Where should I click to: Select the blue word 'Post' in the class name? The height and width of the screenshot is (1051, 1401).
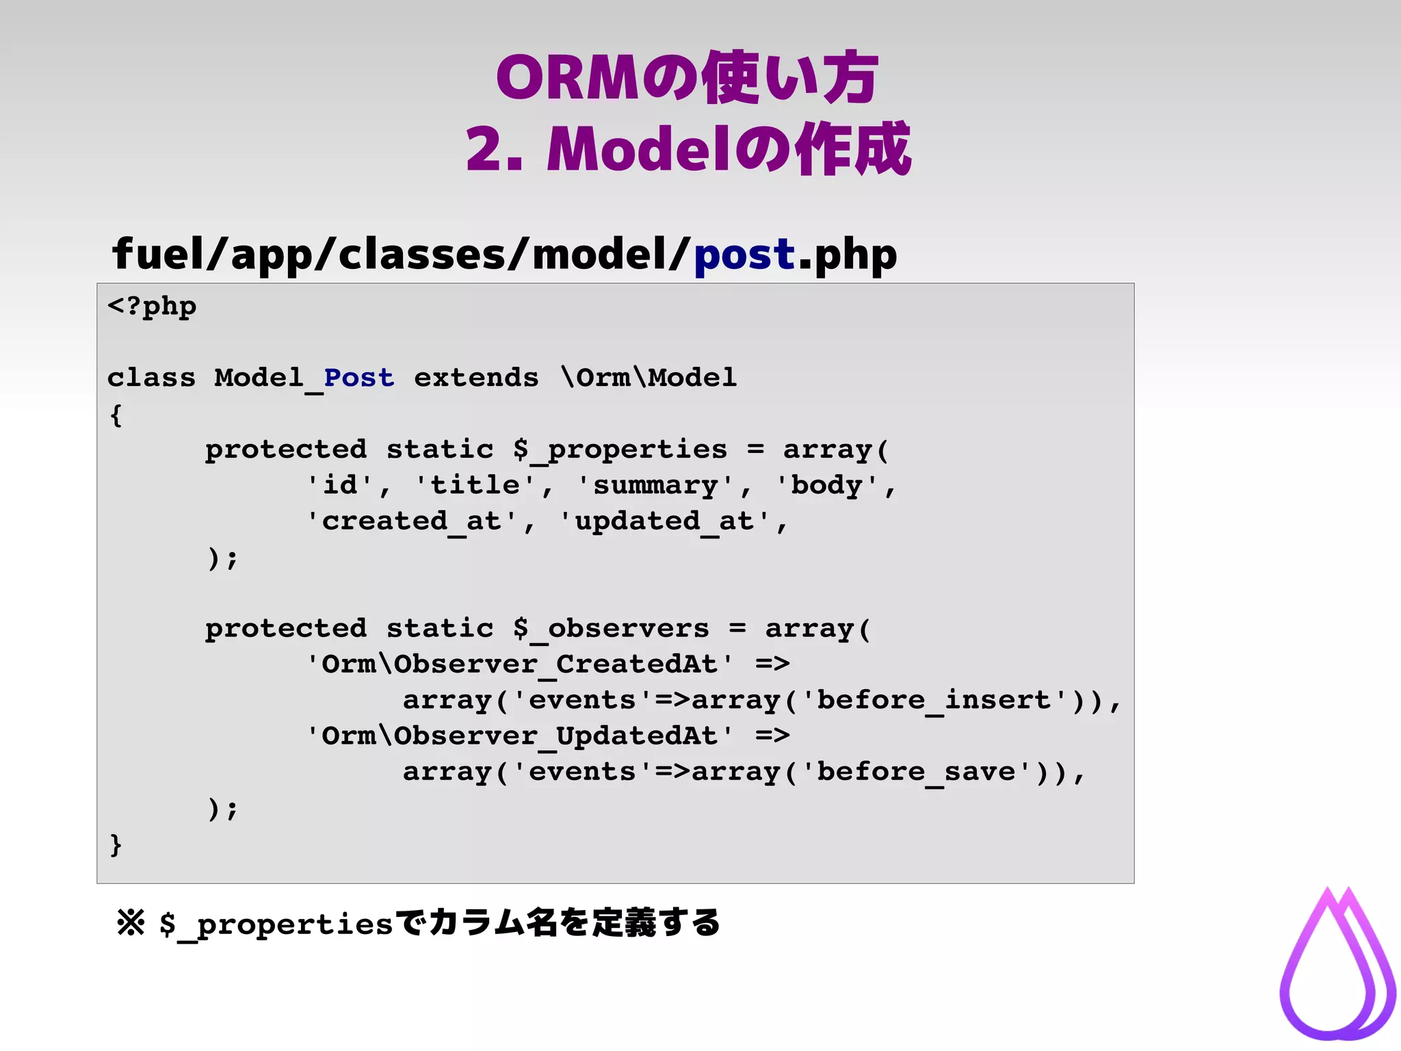(358, 378)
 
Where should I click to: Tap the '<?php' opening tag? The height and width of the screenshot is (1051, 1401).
(152, 306)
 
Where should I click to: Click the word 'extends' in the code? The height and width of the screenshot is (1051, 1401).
(476, 378)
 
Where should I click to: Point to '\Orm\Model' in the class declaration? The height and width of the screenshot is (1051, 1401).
(648, 378)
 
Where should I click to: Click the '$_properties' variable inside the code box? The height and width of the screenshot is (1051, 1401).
(620, 450)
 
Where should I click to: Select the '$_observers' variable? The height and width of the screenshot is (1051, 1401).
(611, 629)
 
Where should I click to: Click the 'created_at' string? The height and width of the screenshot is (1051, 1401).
(411, 521)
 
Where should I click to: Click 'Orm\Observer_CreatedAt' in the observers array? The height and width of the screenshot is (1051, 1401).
(519, 664)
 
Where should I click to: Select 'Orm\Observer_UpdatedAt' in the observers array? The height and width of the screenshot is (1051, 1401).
(519, 736)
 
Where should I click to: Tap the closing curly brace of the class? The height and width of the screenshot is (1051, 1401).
(116, 844)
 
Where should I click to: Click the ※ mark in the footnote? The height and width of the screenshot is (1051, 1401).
(131, 923)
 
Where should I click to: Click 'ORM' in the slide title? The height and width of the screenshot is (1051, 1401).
(567, 78)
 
